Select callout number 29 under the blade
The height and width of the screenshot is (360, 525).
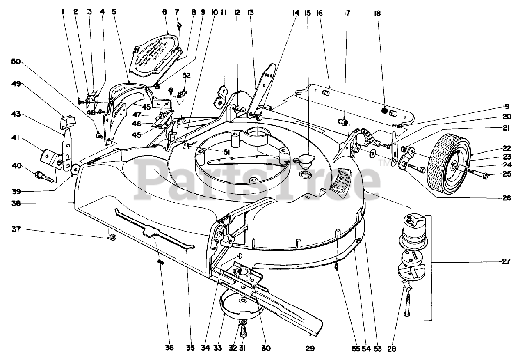(310, 348)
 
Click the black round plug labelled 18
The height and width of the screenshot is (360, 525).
(384, 110)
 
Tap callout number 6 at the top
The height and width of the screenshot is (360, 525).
(164, 12)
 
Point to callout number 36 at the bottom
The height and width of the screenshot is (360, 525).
(169, 348)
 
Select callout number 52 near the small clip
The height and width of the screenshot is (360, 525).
(187, 76)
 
